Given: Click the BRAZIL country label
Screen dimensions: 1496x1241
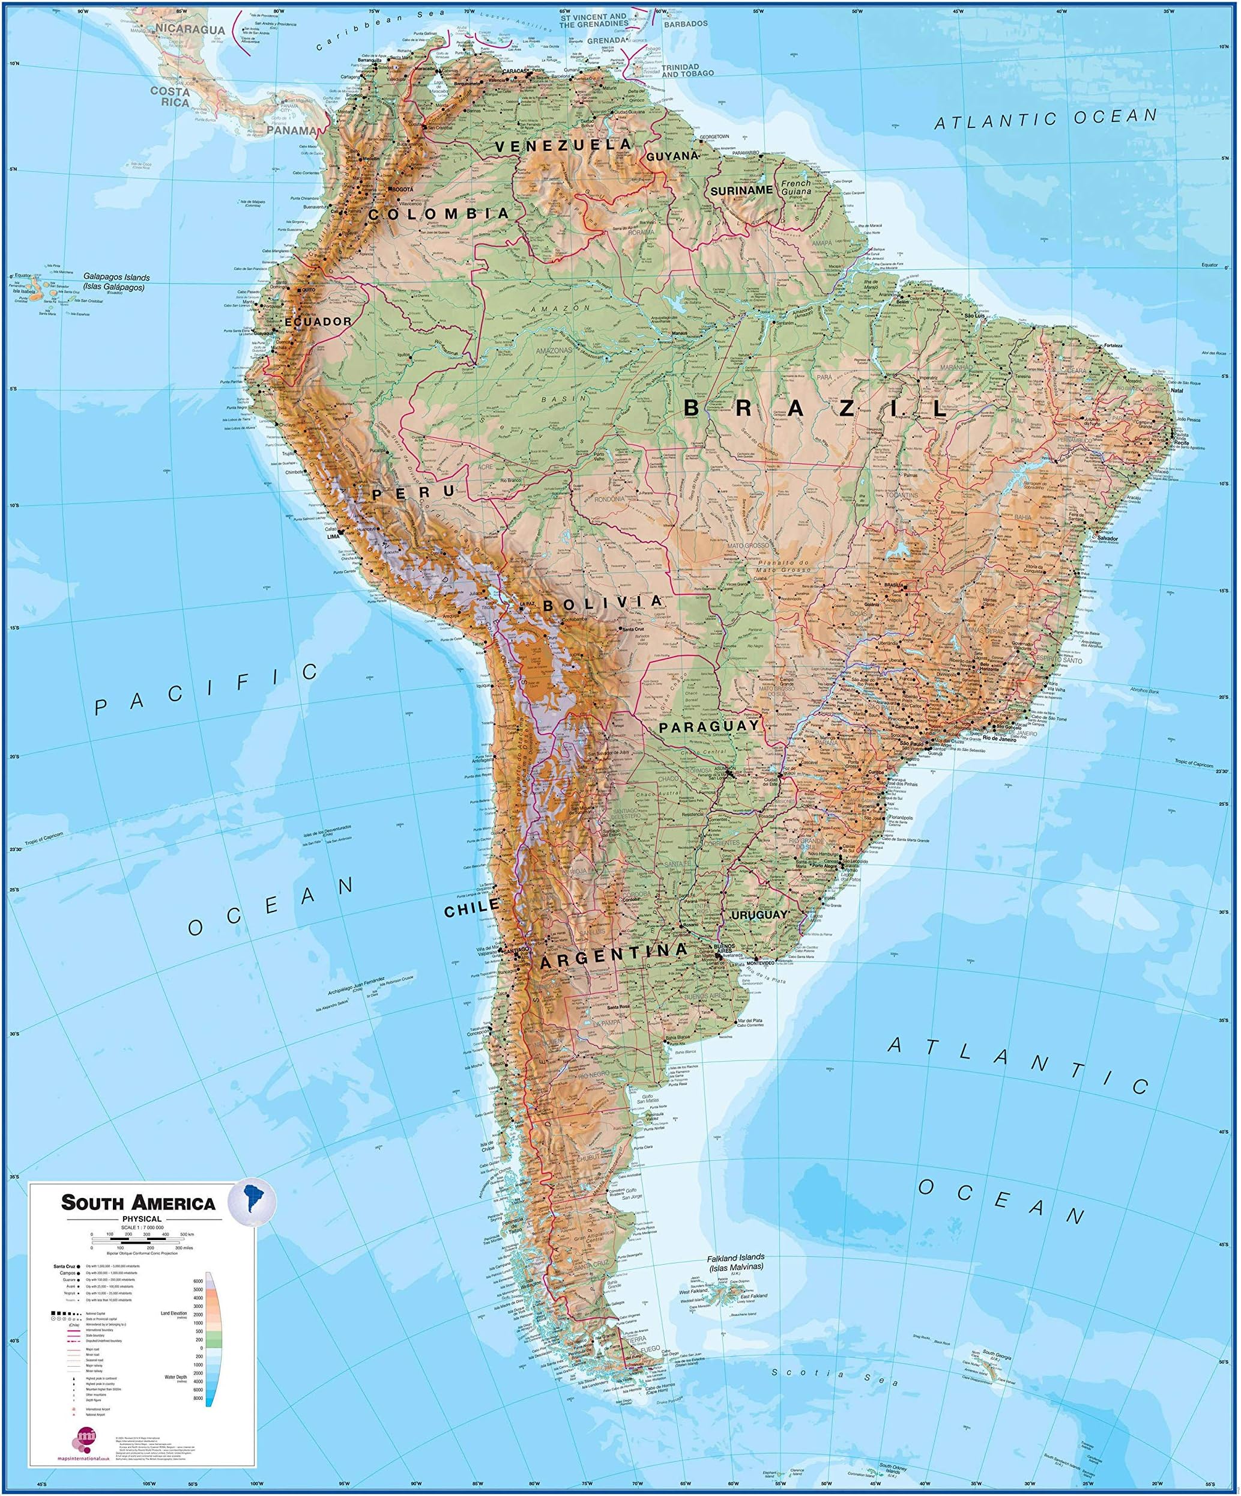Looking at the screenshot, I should tap(815, 409).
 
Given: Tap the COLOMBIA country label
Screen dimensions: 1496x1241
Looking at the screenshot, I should tap(439, 213).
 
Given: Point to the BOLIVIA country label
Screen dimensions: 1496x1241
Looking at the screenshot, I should tap(603, 604).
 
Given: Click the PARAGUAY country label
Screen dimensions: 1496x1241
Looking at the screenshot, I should tap(709, 726).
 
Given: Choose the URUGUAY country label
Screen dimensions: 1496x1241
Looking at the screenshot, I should tap(759, 914).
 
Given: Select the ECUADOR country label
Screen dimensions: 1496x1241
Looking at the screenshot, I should tap(318, 322).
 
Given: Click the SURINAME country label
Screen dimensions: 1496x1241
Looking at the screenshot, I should tap(741, 191).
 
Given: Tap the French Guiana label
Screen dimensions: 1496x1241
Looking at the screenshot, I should tap(796, 187).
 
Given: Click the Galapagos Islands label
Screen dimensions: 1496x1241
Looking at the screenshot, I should tap(114, 282).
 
